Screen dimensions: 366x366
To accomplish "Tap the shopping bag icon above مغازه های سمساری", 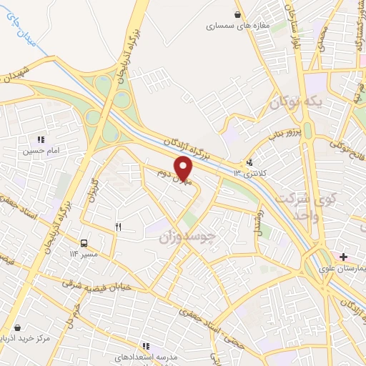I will (x=237, y=14).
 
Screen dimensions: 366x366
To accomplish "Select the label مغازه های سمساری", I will (x=237, y=26).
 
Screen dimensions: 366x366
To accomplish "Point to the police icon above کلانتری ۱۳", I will (x=249, y=162).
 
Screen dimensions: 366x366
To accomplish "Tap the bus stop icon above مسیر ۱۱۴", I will (x=84, y=242).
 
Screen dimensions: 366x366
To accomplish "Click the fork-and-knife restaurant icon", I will (x=119, y=227).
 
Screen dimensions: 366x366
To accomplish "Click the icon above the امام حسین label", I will (x=41, y=139).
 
